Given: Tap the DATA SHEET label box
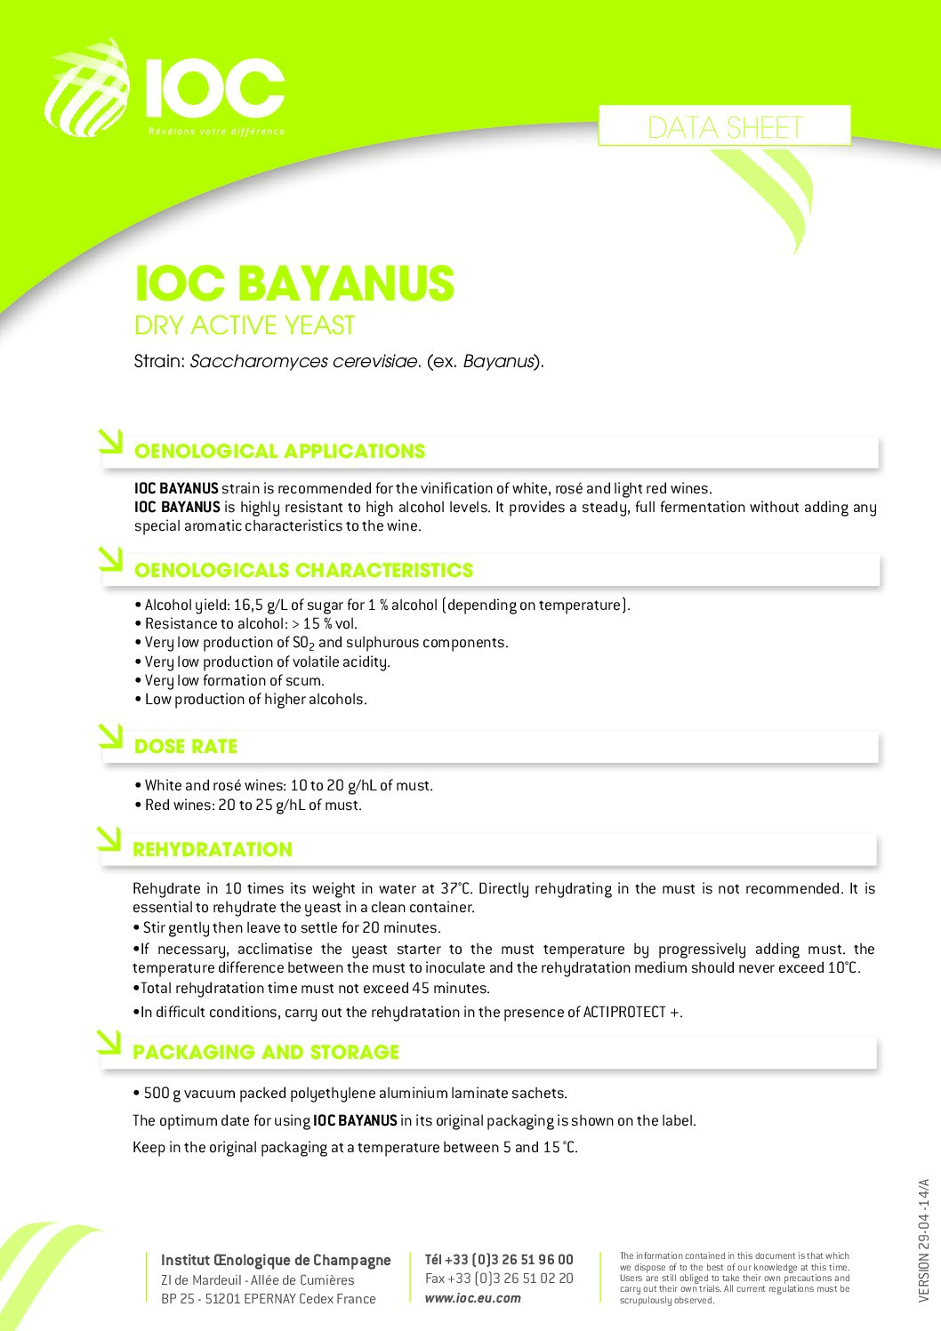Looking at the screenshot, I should (724, 127).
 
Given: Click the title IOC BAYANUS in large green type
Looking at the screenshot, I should (294, 285).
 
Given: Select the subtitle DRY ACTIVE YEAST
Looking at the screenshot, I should (245, 326).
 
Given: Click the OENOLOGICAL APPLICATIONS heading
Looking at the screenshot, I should (279, 452).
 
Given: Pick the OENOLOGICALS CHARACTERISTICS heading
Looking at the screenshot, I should (303, 571).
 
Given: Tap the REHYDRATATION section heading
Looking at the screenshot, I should (213, 850).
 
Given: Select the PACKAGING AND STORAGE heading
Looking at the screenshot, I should (266, 1053).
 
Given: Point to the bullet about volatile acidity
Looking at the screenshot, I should (267, 662).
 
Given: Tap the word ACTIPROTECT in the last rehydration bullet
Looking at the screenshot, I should (623, 1013).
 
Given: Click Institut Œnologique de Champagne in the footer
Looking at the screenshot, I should (276, 1260).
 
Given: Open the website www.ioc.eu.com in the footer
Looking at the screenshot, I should (473, 1298).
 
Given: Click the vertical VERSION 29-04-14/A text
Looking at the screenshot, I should (924, 1240).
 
